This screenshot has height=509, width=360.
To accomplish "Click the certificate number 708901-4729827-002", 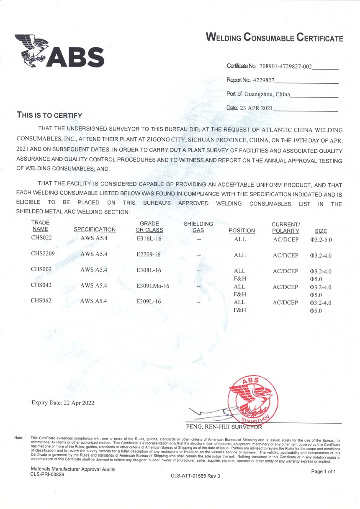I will [286, 66].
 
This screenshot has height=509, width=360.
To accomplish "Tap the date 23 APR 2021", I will [256, 108].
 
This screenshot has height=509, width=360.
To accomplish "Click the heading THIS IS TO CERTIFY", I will [49, 115].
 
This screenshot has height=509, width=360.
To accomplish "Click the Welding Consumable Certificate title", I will [274, 38].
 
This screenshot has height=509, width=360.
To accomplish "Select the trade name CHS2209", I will [43, 254].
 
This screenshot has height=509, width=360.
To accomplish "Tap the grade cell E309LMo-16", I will [153, 286].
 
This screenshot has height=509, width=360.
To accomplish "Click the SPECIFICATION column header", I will [95, 230].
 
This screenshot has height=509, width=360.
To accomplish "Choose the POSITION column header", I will [242, 231].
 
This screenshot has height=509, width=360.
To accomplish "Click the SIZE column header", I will [321, 231].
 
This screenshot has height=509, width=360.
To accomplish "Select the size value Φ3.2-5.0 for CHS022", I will [323, 240].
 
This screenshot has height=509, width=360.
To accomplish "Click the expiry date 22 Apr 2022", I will [63, 403].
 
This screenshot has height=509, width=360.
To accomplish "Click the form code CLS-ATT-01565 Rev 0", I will [195, 476].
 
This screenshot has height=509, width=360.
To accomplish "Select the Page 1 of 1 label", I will [324, 471].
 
